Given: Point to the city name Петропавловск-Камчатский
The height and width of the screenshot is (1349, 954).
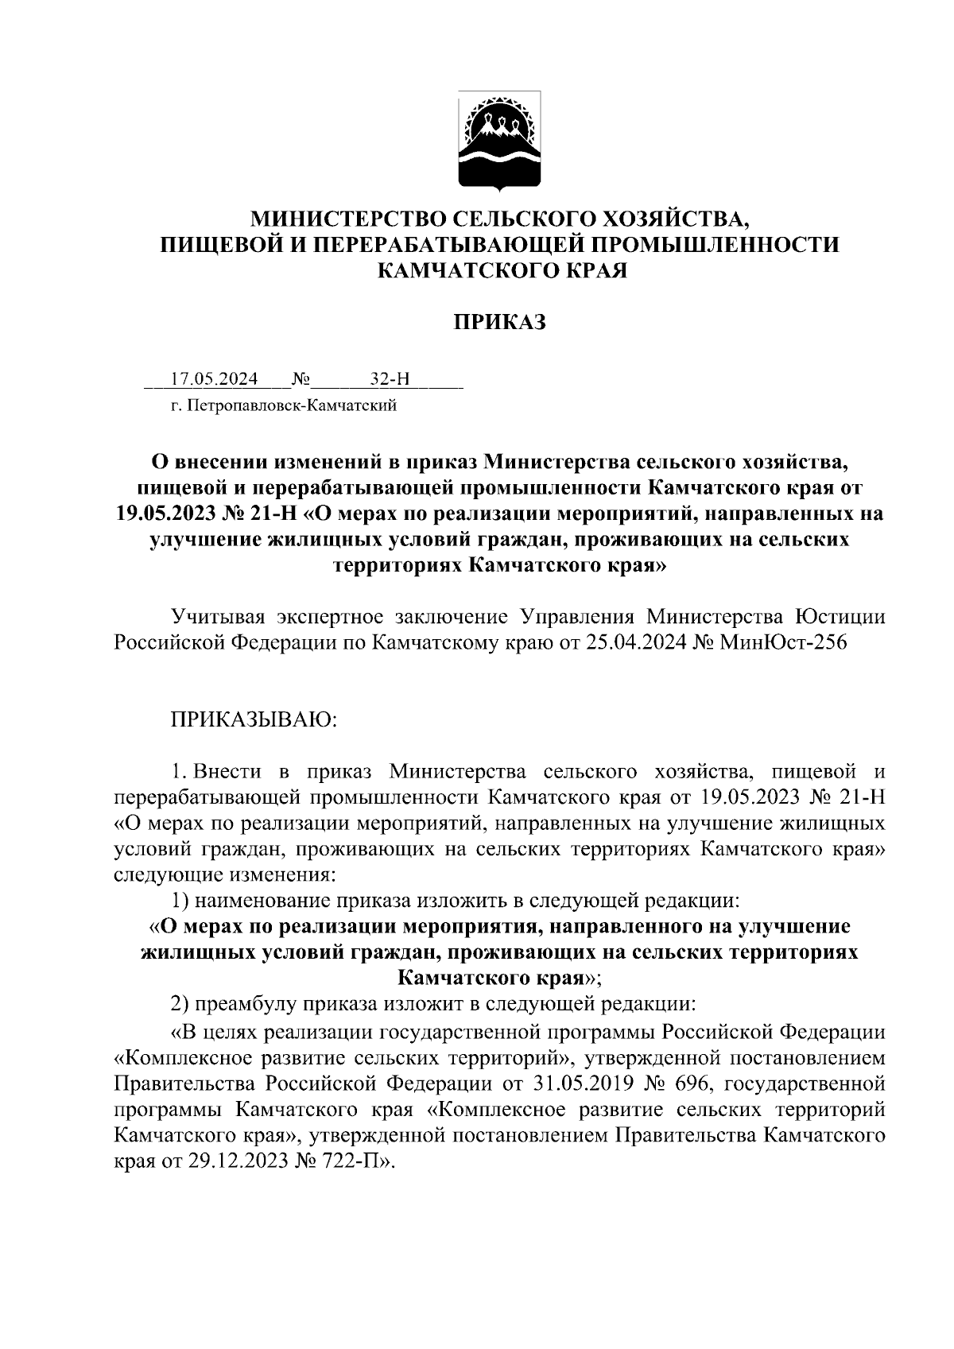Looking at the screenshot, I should pyautogui.click(x=291, y=407).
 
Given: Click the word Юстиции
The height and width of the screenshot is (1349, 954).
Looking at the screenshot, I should pyautogui.click(x=840, y=616).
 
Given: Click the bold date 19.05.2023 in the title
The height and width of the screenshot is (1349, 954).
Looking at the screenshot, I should pyautogui.click(x=166, y=514).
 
